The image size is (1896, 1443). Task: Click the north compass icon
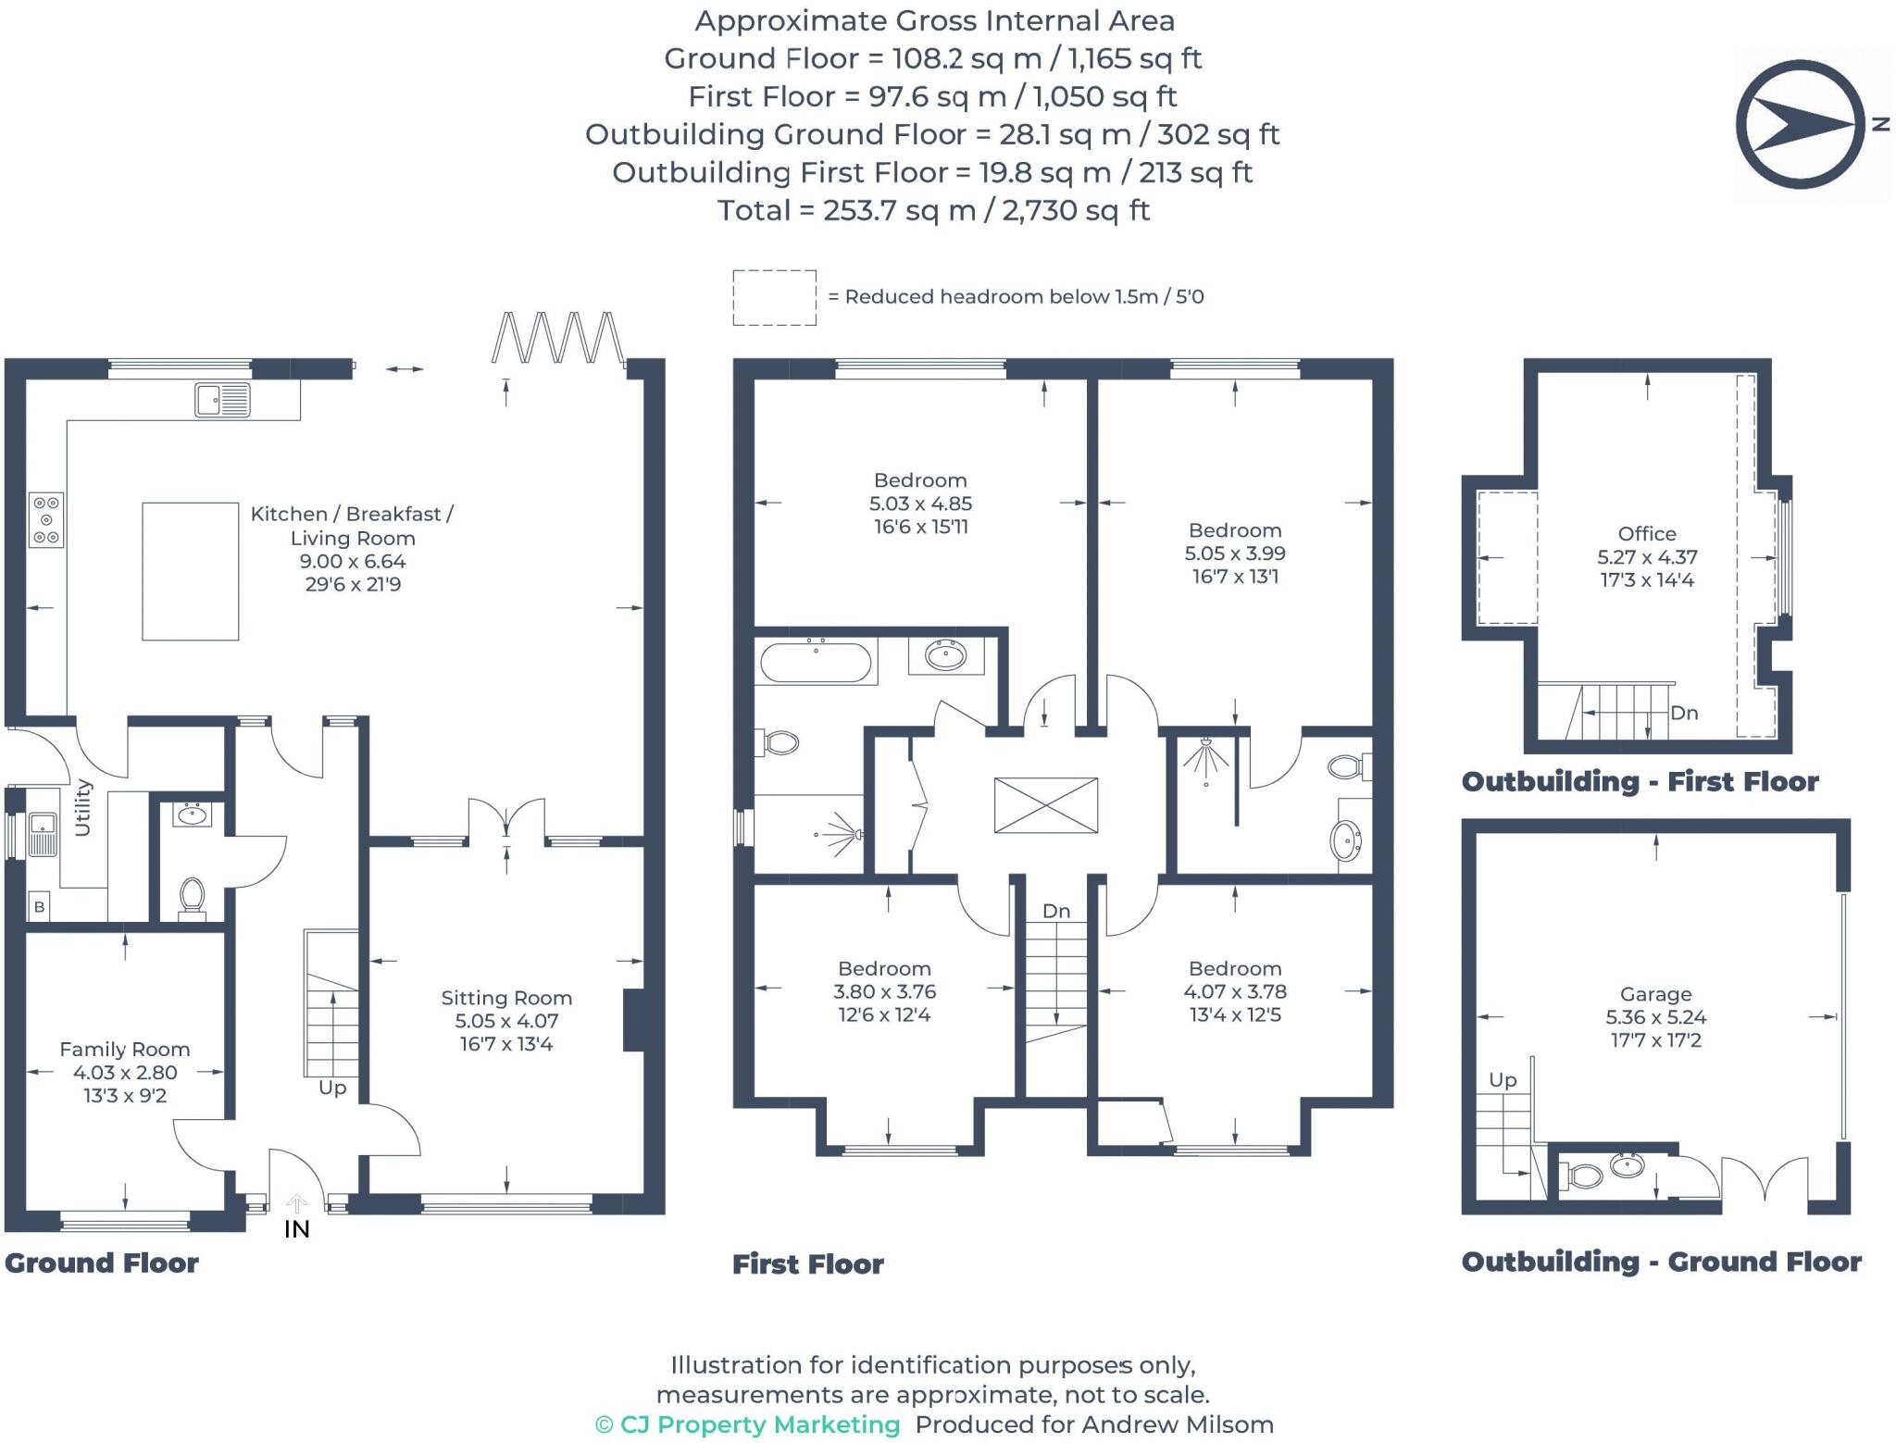(x=1801, y=124)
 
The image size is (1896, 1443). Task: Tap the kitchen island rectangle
(x=190, y=571)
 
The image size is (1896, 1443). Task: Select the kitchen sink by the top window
(x=222, y=400)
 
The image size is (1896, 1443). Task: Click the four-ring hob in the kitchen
(x=46, y=519)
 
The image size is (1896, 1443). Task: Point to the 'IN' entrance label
(x=296, y=1229)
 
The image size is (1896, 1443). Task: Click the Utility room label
(x=82, y=807)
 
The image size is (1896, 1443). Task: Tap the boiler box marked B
(x=39, y=906)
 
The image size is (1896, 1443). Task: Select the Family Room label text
(x=125, y=1049)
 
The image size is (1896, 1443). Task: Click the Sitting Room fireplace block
(x=633, y=1020)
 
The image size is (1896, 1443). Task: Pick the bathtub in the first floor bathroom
(x=815, y=662)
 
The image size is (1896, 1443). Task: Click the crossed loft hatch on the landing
(x=1046, y=805)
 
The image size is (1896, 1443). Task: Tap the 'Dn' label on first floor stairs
(x=1056, y=911)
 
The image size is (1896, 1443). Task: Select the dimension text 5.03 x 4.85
(x=920, y=504)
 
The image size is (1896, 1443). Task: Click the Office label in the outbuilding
(x=1646, y=533)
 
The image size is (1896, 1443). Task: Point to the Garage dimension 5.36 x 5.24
(x=1655, y=1016)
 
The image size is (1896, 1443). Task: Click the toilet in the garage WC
(x=1584, y=1176)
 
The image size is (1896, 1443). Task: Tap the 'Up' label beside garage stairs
(x=1503, y=1079)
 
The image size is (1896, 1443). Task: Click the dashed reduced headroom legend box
(x=774, y=297)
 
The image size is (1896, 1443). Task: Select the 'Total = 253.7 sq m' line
(x=933, y=210)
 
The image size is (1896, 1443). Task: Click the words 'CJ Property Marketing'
(x=759, y=1424)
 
